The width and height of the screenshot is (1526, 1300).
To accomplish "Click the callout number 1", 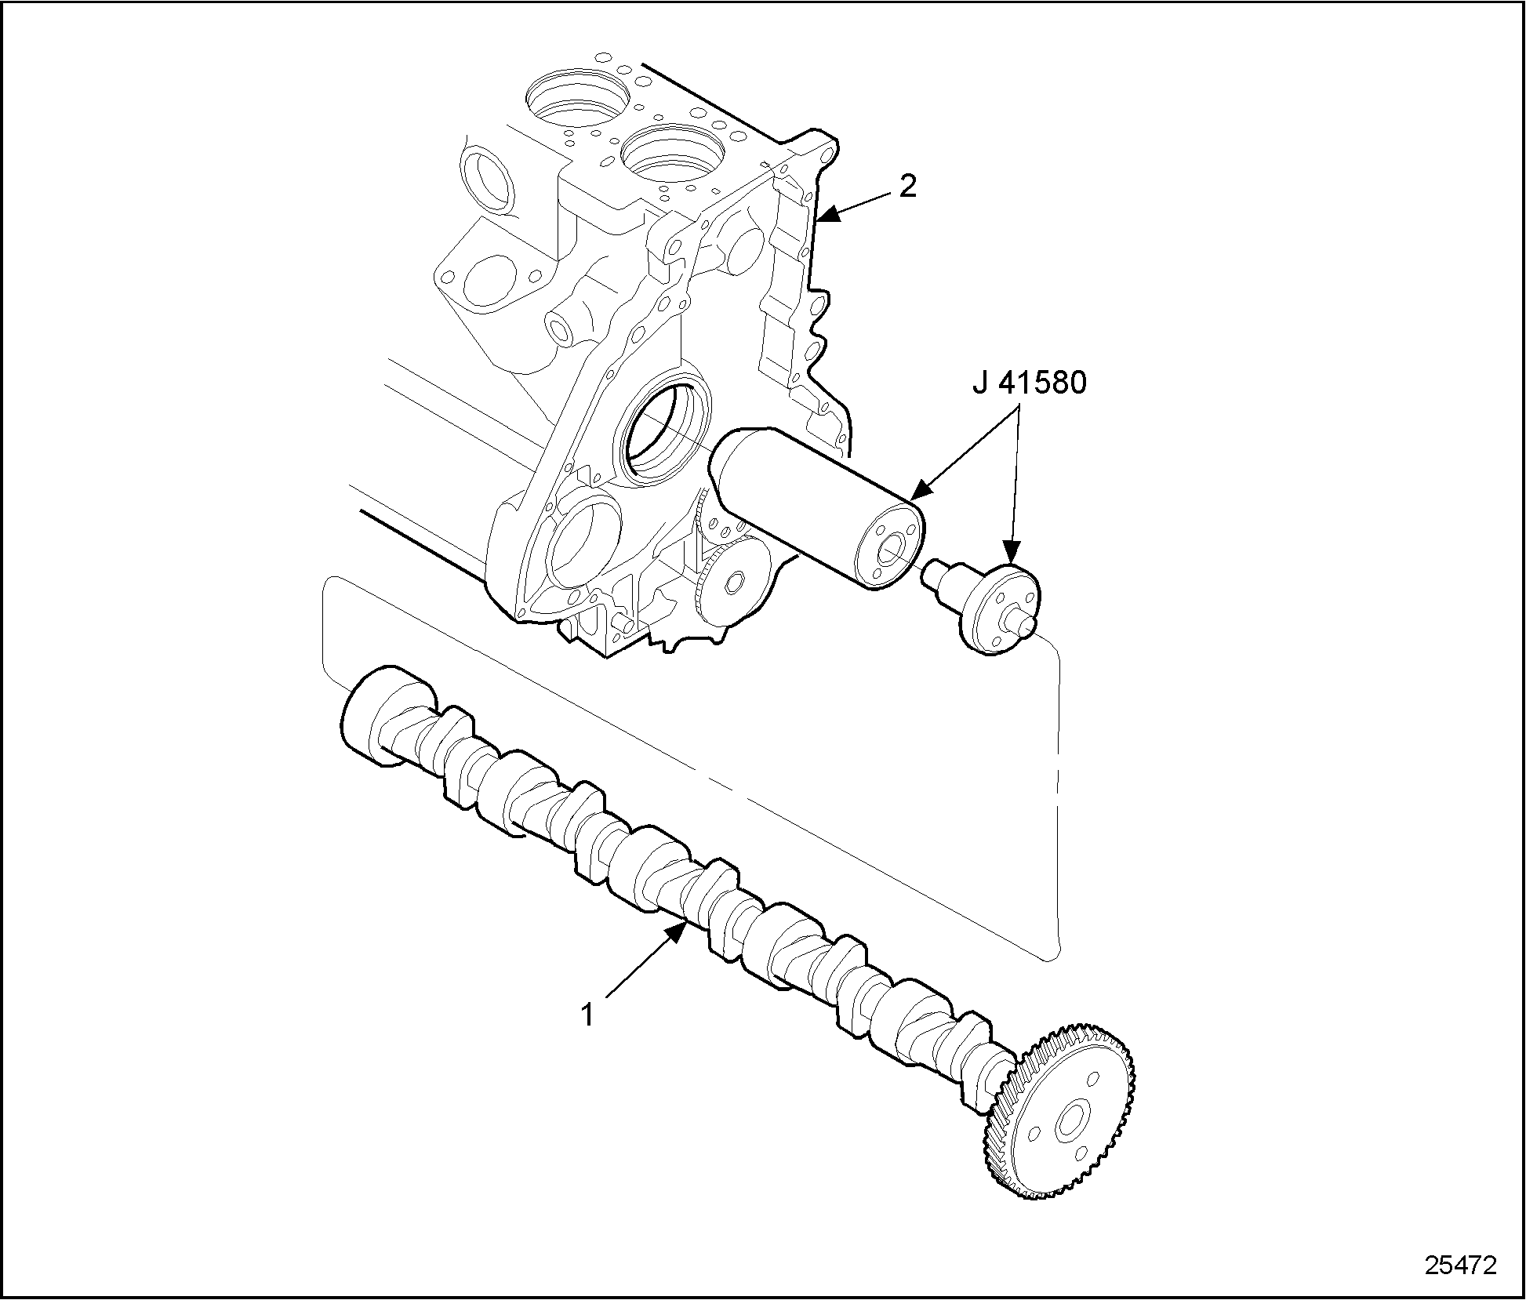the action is point(587,1014).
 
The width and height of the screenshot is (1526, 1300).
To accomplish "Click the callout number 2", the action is point(907,187).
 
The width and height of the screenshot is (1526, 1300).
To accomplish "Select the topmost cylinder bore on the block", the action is point(577,98).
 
